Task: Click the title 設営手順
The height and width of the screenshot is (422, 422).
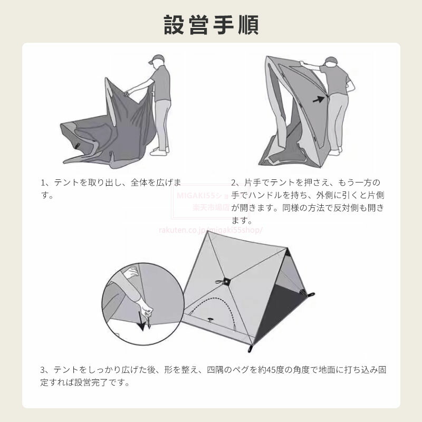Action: [211, 25]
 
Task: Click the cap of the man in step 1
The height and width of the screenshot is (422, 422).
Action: [156, 59]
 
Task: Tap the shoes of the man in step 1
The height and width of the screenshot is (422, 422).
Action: [160, 151]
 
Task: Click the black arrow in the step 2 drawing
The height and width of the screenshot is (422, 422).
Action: [319, 100]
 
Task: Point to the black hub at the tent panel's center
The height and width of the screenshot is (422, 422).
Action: [226, 281]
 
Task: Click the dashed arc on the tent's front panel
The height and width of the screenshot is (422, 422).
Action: [213, 307]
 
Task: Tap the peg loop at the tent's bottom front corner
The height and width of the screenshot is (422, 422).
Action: [251, 349]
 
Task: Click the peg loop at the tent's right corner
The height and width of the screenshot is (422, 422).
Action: [311, 295]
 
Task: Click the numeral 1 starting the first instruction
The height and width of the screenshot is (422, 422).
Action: [43, 183]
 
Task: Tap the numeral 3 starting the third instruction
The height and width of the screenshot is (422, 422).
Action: [43, 370]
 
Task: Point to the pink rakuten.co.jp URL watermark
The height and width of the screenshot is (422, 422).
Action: [210, 230]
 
